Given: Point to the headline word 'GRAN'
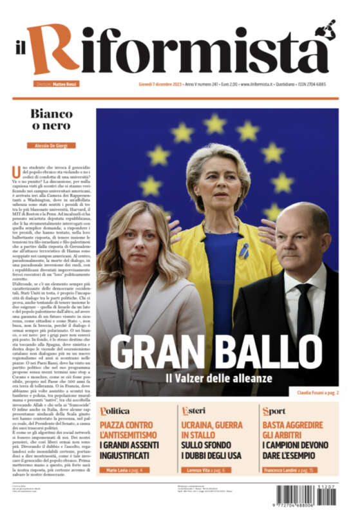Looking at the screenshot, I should (x=152, y=353).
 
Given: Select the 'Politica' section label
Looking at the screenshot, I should (x=115, y=411).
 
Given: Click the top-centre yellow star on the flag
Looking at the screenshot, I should (x=215, y=123).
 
